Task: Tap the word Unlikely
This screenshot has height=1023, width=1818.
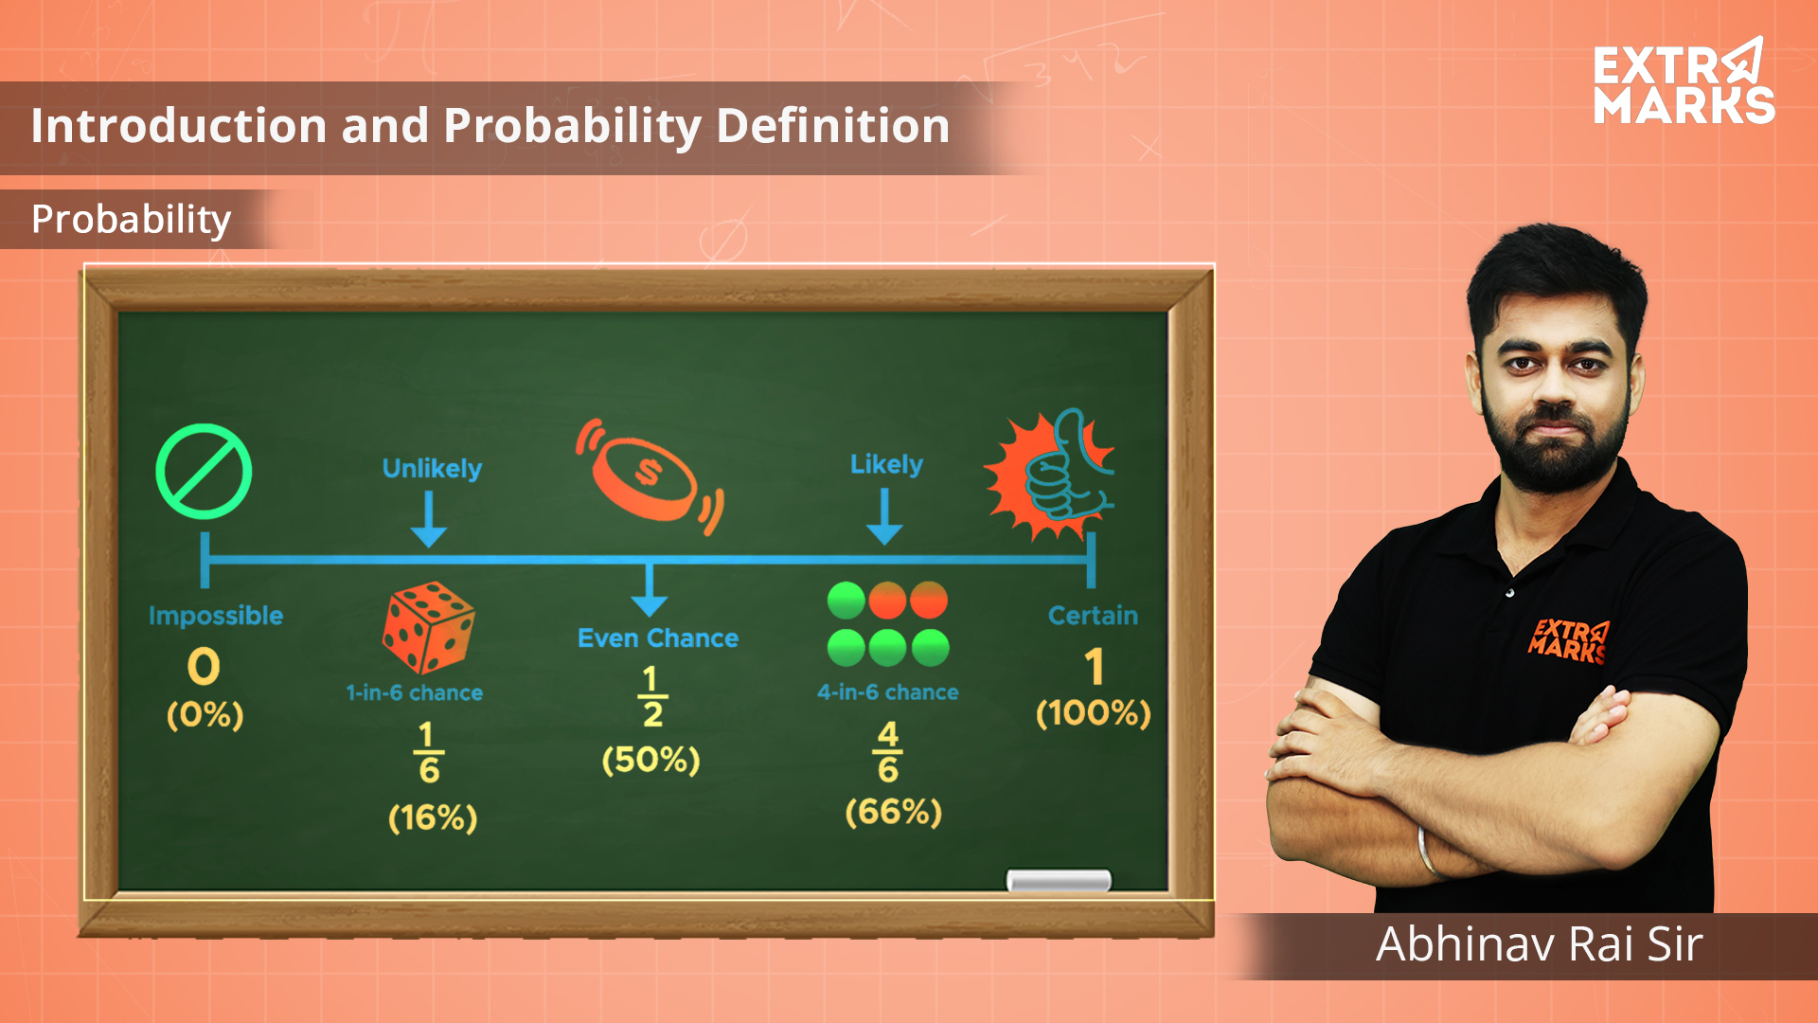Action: point(432,469)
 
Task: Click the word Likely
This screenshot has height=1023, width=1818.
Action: point(886,464)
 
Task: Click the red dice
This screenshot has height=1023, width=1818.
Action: point(428,627)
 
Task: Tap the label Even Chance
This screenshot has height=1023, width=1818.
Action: point(658,638)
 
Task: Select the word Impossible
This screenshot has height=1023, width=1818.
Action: point(216,616)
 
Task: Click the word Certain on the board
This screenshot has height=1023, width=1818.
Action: point(1093,616)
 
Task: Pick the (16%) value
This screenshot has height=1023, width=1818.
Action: point(433,817)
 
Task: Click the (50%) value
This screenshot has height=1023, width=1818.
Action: point(651,760)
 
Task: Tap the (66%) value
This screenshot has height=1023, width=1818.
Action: point(894,812)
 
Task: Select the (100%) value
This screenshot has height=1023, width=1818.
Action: point(1094,712)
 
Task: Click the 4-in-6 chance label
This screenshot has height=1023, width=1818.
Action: point(888,692)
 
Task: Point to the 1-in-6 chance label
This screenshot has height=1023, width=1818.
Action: point(415,693)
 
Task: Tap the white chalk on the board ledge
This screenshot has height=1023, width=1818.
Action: point(1059,881)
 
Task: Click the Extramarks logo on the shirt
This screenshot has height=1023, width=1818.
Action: point(1568,641)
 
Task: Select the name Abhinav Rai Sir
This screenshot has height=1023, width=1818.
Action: point(1540,944)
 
